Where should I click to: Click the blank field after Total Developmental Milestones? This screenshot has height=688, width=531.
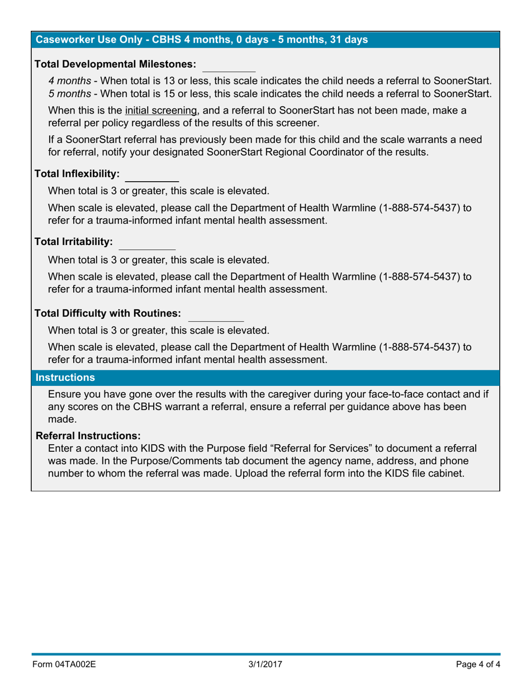(229, 66)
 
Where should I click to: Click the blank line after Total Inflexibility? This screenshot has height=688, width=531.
(151, 176)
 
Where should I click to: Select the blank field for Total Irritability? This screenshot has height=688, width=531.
(148, 243)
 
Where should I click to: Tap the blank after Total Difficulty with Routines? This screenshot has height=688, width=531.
(216, 315)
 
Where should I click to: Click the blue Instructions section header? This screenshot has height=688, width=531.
(65, 378)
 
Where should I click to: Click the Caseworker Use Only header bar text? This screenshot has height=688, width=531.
(201, 40)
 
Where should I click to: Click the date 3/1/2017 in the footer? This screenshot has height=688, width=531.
(265, 665)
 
